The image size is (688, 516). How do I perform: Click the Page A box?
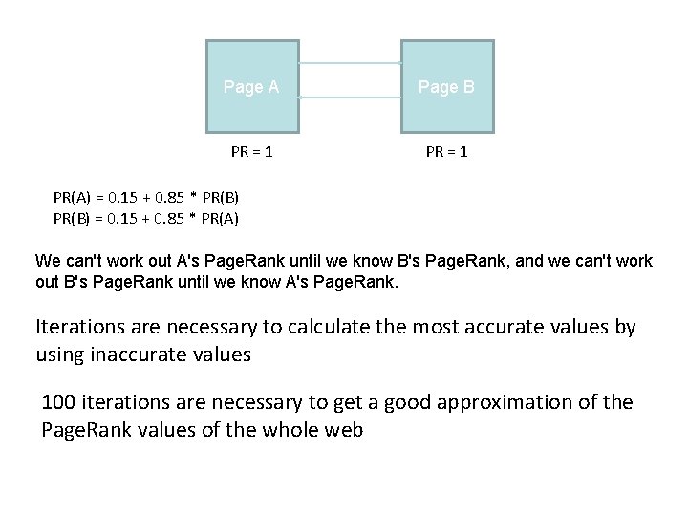click(252, 86)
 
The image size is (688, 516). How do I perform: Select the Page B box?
click(446, 86)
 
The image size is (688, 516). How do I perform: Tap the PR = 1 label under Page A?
click(252, 152)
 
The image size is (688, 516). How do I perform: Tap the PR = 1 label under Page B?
click(446, 152)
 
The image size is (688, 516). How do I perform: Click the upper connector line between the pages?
click(350, 63)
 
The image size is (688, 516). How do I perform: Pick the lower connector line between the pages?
click(350, 97)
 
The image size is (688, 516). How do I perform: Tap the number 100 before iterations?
click(58, 402)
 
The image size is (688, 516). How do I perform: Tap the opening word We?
click(47, 260)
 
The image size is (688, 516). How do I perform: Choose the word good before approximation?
click(411, 402)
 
